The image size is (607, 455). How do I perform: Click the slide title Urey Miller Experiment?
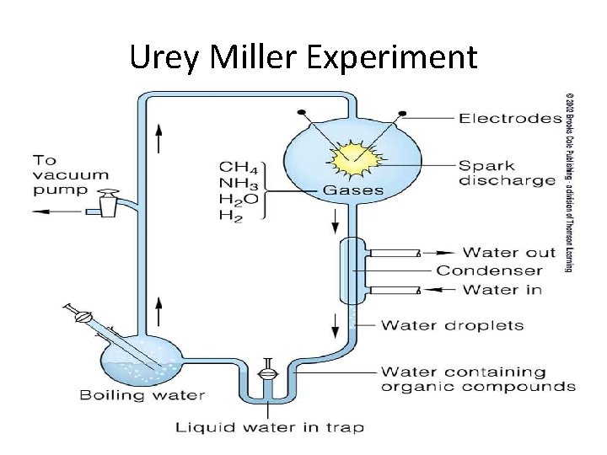pos(303,57)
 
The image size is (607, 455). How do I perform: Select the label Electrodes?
pos(510,118)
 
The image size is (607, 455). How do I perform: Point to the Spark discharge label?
pos(507,172)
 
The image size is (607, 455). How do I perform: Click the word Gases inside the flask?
pos(353,190)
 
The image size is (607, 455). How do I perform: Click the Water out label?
pos(509,252)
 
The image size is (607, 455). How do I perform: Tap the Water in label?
pos(502,290)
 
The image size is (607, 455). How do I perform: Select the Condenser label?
pos(489,270)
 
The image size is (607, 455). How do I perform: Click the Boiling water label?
pos(142,394)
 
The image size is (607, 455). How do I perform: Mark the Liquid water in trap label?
pos(269,427)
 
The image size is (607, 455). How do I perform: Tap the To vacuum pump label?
pos(71,174)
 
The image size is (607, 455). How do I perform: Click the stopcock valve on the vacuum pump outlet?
pos(108,203)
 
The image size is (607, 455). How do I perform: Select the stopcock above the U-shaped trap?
pos(267,370)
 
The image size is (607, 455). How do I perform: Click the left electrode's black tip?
pos(301,113)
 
